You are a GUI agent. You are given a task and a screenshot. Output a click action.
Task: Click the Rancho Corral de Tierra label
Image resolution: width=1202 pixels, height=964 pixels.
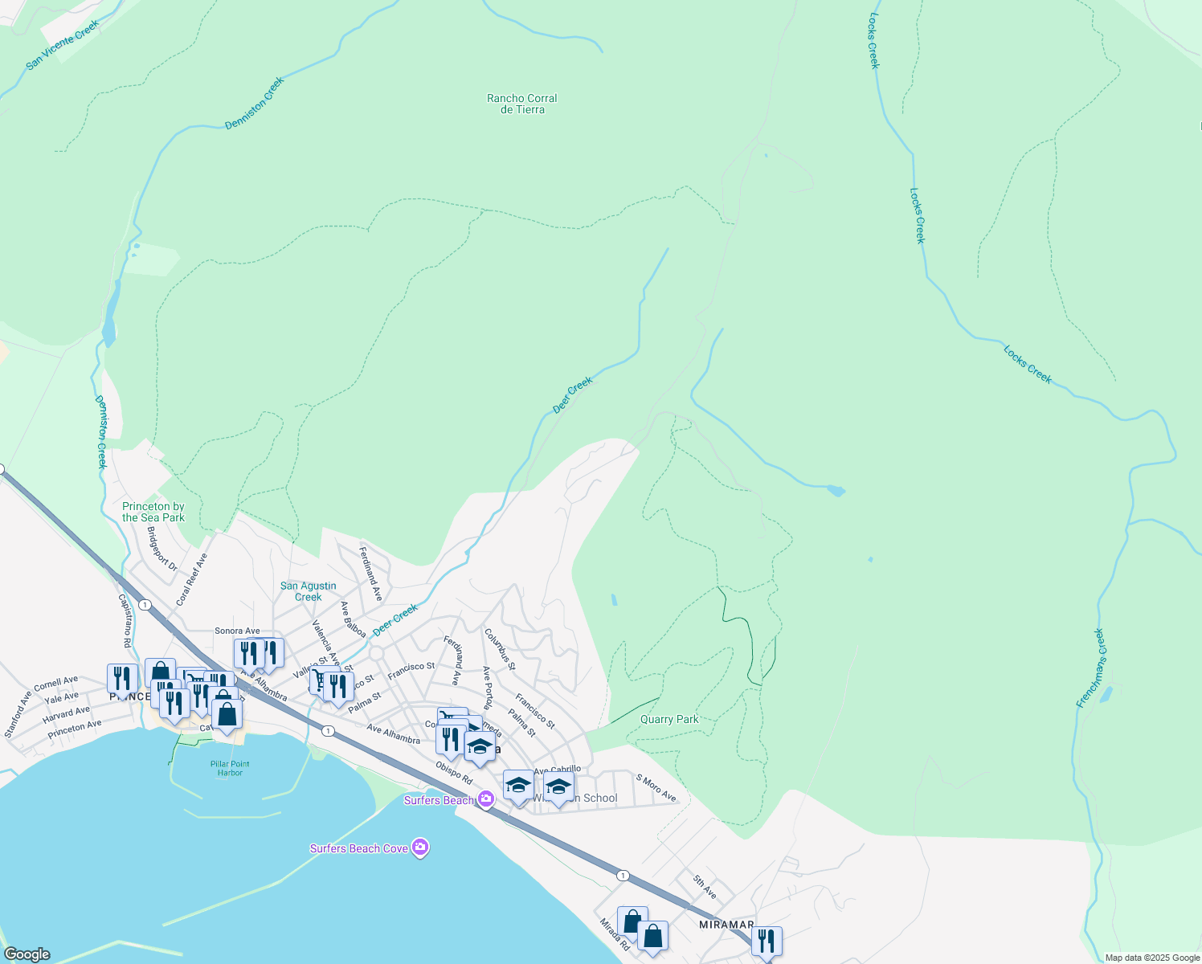point(522,104)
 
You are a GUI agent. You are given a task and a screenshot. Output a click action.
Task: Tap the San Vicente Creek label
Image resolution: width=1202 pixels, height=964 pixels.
point(63,46)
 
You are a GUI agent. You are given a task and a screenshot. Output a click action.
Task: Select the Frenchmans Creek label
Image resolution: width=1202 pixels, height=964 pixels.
point(1091,668)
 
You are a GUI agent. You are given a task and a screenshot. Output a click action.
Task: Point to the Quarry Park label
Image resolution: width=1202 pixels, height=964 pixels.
point(669,719)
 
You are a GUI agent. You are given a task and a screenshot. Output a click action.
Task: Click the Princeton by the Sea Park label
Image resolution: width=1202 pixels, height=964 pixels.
point(153,512)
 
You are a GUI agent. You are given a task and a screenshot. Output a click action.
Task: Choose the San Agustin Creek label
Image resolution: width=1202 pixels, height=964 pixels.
point(309,591)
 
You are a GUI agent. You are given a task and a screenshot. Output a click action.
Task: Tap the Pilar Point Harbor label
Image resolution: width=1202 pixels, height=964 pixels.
point(230,769)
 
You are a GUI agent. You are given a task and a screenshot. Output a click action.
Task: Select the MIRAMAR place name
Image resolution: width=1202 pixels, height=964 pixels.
point(726,924)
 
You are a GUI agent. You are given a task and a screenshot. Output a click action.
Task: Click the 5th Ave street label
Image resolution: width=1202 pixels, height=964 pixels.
point(705,887)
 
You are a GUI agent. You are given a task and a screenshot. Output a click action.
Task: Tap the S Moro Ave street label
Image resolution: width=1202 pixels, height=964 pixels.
point(656,787)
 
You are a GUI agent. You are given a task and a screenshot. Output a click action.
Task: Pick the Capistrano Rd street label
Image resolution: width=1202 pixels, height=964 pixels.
point(125,620)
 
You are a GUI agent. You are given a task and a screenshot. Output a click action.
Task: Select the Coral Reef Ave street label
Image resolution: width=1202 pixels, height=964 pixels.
point(192,578)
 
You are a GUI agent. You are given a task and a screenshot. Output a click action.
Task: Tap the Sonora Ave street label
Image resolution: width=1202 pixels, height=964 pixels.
point(237,631)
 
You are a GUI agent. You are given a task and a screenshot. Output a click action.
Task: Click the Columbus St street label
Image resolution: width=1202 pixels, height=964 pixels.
point(499,649)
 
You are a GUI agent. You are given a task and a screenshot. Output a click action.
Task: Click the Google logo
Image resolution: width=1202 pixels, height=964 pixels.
point(27,954)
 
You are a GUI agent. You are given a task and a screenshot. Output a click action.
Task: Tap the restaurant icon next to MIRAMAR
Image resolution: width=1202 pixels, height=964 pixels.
point(767,941)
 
